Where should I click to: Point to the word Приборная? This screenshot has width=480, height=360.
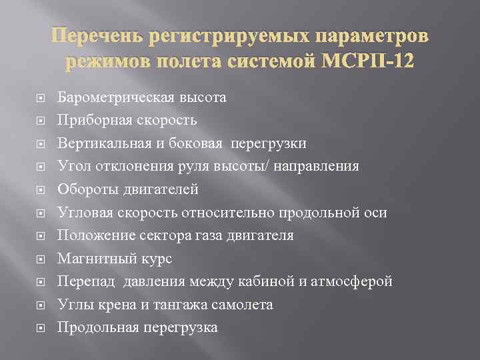tap(91, 120)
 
